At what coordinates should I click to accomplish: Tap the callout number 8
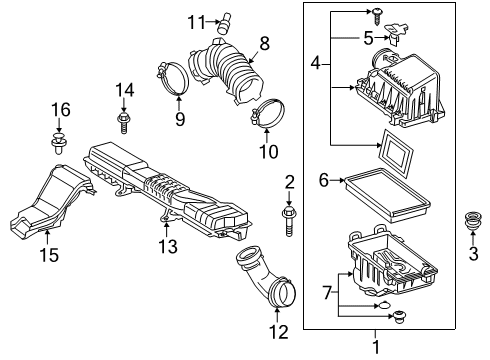click(264, 42)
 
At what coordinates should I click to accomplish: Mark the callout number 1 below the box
click(376, 349)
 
